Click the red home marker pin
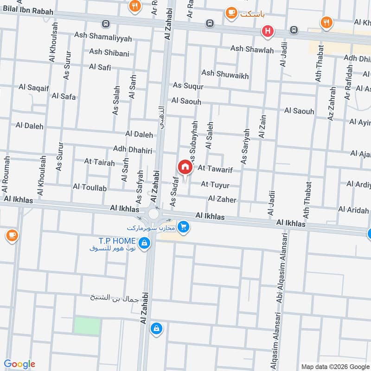pos(185,167)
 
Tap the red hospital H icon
pos(267,32)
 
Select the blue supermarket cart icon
pos(184,227)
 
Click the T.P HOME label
pos(116,241)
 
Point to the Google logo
pos(19,364)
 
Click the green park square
pos(87,326)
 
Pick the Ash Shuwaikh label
pos(225,75)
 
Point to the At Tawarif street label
pos(215,170)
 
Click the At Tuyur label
pos(215,185)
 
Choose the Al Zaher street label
pos(222,199)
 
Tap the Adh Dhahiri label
pos(133,149)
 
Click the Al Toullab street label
pos(90,187)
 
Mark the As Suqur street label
pos(188,85)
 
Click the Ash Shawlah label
pos(252,49)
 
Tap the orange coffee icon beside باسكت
pos(231,13)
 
